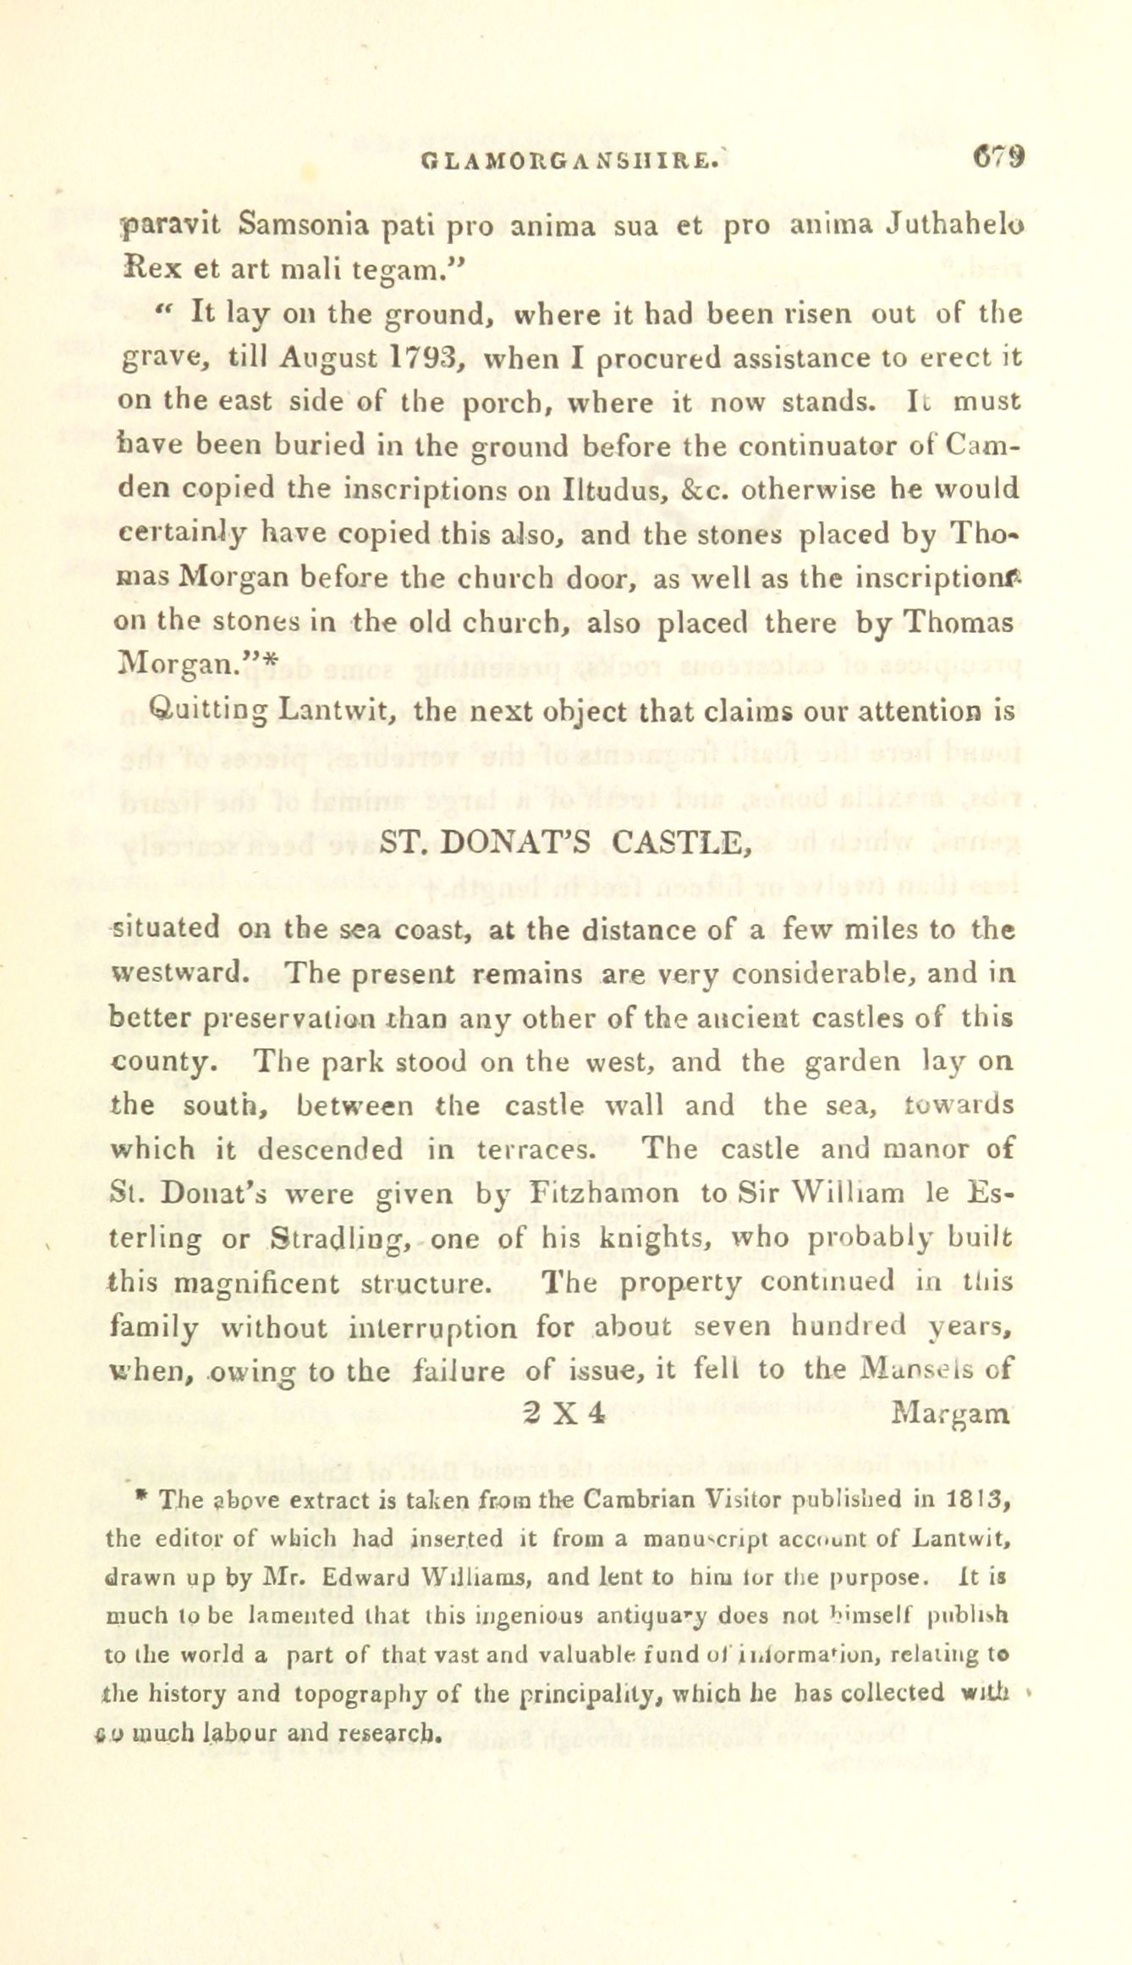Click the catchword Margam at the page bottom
(952, 1415)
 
